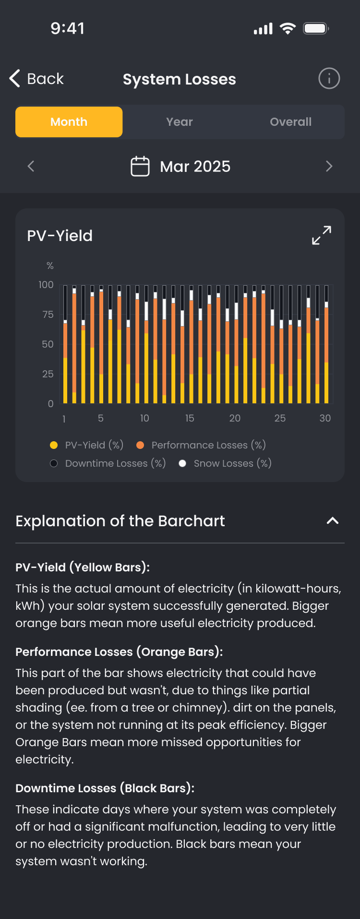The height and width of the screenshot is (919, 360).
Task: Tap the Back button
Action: click(x=36, y=79)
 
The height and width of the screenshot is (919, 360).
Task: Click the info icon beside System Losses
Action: click(x=329, y=78)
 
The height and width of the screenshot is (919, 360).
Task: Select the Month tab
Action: click(x=69, y=122)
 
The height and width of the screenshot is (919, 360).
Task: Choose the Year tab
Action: click(x=180, y=122)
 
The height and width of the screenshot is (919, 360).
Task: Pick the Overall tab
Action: click(x=290, y=122)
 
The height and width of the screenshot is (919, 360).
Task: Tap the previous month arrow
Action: click(x=31, y=166)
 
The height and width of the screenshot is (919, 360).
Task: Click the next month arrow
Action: click(x=329, y=166)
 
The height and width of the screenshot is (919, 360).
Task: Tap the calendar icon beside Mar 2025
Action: click(x=140, y=166)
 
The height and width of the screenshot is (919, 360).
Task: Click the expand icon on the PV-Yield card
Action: click(x=322, y=235)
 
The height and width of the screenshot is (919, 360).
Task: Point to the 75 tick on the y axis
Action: click(x=48, y=314)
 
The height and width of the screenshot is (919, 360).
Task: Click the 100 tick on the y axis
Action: click(x=46, y=285)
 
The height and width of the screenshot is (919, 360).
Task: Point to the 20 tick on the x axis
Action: click(x=235, y=418)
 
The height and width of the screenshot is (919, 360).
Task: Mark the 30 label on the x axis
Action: click(x=325, y=418)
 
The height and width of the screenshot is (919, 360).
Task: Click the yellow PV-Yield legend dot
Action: click(x=54, y=445)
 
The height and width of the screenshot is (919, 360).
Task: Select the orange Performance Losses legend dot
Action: click(x=140, y=445)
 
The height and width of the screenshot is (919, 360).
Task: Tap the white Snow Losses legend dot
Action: click(x=182, y=463)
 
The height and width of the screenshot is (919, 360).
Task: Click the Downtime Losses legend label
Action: click(x=115, y=463)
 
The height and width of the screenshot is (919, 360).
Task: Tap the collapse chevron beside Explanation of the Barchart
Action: click(x=333, y=521)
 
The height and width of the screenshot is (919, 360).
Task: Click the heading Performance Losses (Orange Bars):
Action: click(x=119, y=652)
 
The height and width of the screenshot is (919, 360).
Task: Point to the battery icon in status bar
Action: click(x=315, y=28)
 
